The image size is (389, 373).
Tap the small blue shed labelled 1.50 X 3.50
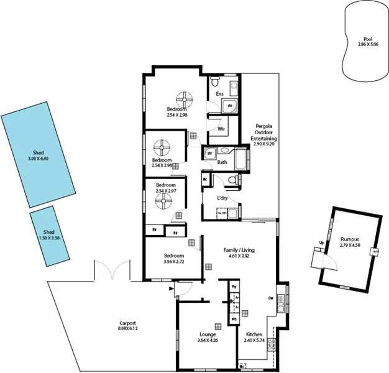coord(46,235)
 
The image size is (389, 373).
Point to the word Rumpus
coord(350,238)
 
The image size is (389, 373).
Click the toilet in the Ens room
coord(214,81)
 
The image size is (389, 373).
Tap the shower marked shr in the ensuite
coord(229,106)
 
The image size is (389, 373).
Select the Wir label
coord(220,129)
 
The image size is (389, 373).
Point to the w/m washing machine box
coord(221,213)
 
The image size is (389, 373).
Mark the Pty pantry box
coord(234,287)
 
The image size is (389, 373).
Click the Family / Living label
coord(239,250)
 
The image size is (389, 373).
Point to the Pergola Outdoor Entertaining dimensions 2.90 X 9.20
coord(262,144)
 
